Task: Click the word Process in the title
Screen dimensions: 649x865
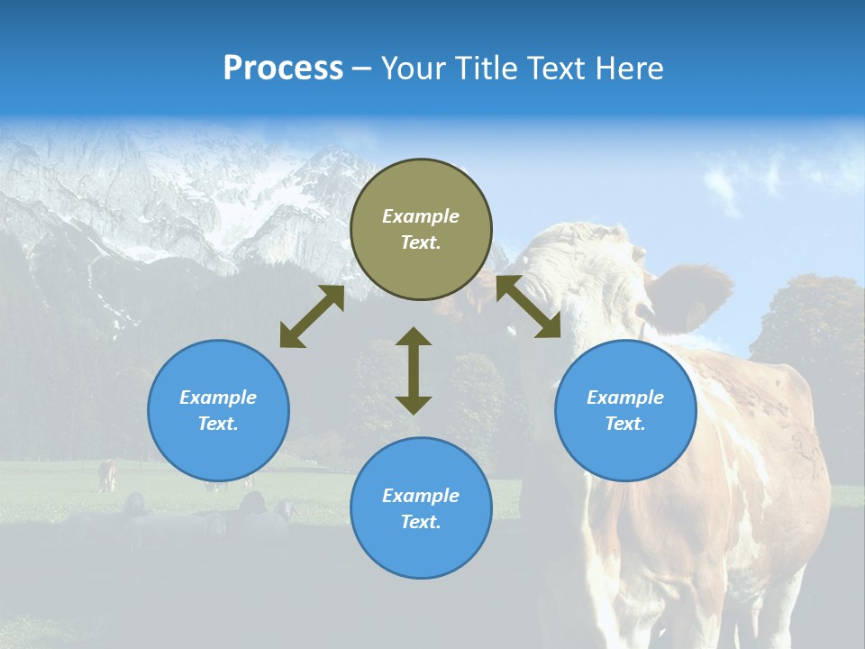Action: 283,69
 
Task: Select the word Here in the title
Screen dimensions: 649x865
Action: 628,69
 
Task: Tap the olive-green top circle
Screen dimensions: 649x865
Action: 421,230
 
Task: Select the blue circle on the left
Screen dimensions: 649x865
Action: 218,410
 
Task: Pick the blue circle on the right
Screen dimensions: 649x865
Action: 625,410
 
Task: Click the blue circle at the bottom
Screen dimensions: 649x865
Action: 421,508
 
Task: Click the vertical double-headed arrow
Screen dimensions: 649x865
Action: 414,370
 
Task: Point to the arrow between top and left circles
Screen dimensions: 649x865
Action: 312,316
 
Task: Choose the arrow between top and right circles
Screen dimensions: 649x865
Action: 528,306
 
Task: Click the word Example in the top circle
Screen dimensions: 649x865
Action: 421,216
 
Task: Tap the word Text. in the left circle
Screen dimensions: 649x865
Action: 218,424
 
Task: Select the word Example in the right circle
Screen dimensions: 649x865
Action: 625,398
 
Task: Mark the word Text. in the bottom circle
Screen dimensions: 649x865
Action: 421,522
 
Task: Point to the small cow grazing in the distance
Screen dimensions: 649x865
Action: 107,475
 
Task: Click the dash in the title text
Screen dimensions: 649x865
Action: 361,69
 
